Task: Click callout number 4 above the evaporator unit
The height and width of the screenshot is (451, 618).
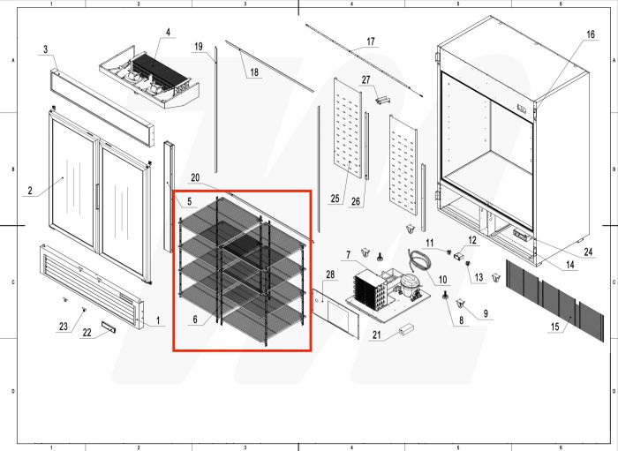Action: (x=167, y=33)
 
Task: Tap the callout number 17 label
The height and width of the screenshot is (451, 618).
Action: (x=371, y=41)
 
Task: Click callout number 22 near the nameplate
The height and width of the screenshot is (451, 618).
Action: (x=87, y=333)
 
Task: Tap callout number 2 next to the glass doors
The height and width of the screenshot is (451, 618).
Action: (x=29, y=190)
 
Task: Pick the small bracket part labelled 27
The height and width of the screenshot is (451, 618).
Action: (x=381, y=100)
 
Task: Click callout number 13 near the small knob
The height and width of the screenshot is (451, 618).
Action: (x=479, y=278)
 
